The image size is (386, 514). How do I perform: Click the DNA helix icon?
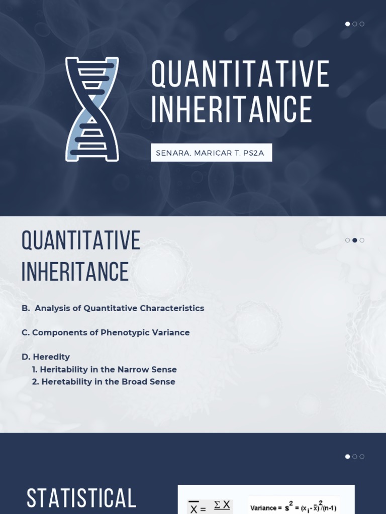[x=92, y=109]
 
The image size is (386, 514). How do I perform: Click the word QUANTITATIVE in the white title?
[x=240, y=74]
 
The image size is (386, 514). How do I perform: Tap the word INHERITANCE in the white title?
[x=231, y=109]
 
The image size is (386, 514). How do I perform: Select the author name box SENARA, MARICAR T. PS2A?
[x=211, y=153]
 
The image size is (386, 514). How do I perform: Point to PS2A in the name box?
[x=254, y=153]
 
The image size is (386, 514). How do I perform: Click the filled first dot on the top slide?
[x=347, y=24]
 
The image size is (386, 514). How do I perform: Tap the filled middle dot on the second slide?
[x=355, y=240]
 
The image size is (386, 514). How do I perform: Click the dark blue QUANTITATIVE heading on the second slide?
[x=81, y=241]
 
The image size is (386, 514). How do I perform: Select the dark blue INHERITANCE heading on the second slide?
[x=75, y=272]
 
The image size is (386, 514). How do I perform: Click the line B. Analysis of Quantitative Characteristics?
[x=113, y=308]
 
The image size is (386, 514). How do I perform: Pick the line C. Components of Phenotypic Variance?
[x=106, y=332]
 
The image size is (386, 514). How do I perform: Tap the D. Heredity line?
[x=46, y=357]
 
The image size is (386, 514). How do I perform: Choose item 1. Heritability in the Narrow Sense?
[x=105, y=369]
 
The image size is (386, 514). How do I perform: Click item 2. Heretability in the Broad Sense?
[x=104, y=381]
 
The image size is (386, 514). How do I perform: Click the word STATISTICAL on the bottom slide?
[x=81, y=498]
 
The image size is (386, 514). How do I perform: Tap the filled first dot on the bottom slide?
[x=347, y=457]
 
